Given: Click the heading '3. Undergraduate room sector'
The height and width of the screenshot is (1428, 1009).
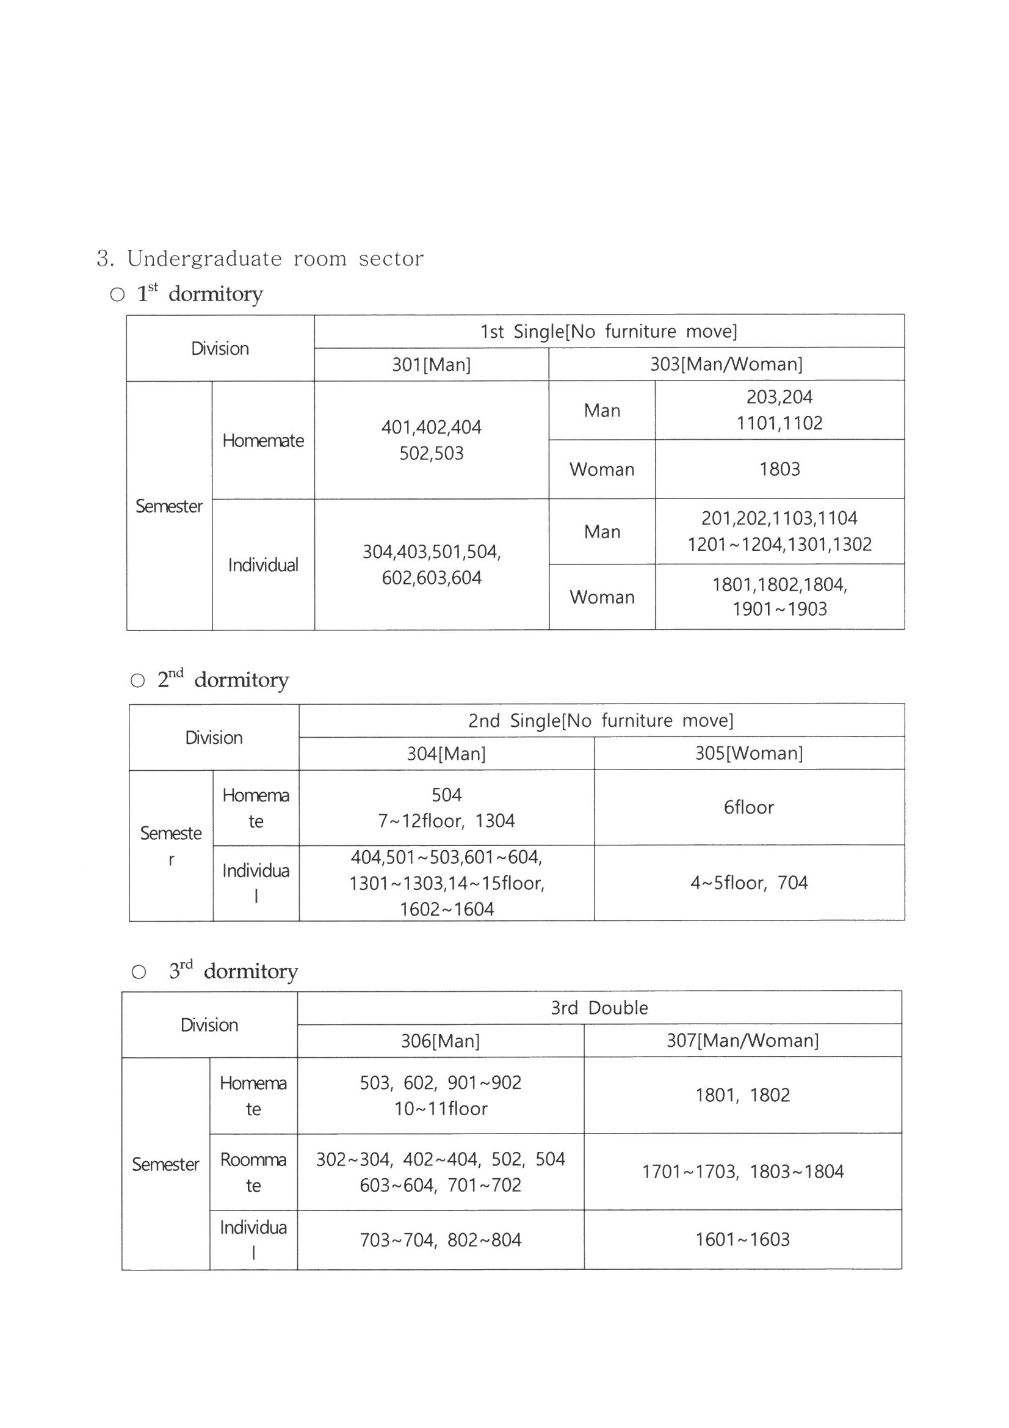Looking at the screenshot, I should click(260, 258).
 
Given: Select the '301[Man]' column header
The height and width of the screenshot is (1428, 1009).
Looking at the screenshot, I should click(431, 365).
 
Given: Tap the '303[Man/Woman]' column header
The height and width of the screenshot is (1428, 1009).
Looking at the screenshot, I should click(726, 364).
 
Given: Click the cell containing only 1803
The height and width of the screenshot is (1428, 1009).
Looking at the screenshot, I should click(779, 469).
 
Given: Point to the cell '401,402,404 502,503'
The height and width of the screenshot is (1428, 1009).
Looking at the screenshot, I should click(431, 440).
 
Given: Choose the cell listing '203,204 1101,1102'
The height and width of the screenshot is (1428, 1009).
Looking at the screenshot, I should click(779, 410).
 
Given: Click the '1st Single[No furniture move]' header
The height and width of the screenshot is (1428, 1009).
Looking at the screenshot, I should click(609, 331).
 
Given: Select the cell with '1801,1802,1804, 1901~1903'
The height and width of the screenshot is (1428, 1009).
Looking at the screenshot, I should click(779, 597).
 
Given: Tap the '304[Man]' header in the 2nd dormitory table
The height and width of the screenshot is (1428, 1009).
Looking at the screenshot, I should click(446, 754).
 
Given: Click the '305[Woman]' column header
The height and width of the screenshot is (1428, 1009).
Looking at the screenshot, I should click(748, 753).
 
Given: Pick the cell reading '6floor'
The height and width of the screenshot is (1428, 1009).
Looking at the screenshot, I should click(748, 807).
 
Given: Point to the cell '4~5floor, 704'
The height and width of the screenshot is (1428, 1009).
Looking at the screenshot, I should click(748, 883).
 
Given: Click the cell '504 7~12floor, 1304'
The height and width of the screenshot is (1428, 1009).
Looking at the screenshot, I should click(446, 807).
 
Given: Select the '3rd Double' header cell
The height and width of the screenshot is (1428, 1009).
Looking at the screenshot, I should click(599, 1008).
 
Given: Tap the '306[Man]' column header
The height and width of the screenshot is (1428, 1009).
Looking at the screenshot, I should click(440, 1041).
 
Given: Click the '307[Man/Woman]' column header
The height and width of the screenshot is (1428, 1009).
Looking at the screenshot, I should click(742, 1041).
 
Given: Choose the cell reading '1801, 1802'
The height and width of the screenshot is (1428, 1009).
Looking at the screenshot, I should click(742, 1095).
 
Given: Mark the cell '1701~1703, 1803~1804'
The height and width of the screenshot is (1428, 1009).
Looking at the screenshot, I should click(742, 1171).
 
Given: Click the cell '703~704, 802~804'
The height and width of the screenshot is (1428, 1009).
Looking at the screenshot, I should click(440, 1240).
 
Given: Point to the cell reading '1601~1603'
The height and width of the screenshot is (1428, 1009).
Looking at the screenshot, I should click(742, 1239).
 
